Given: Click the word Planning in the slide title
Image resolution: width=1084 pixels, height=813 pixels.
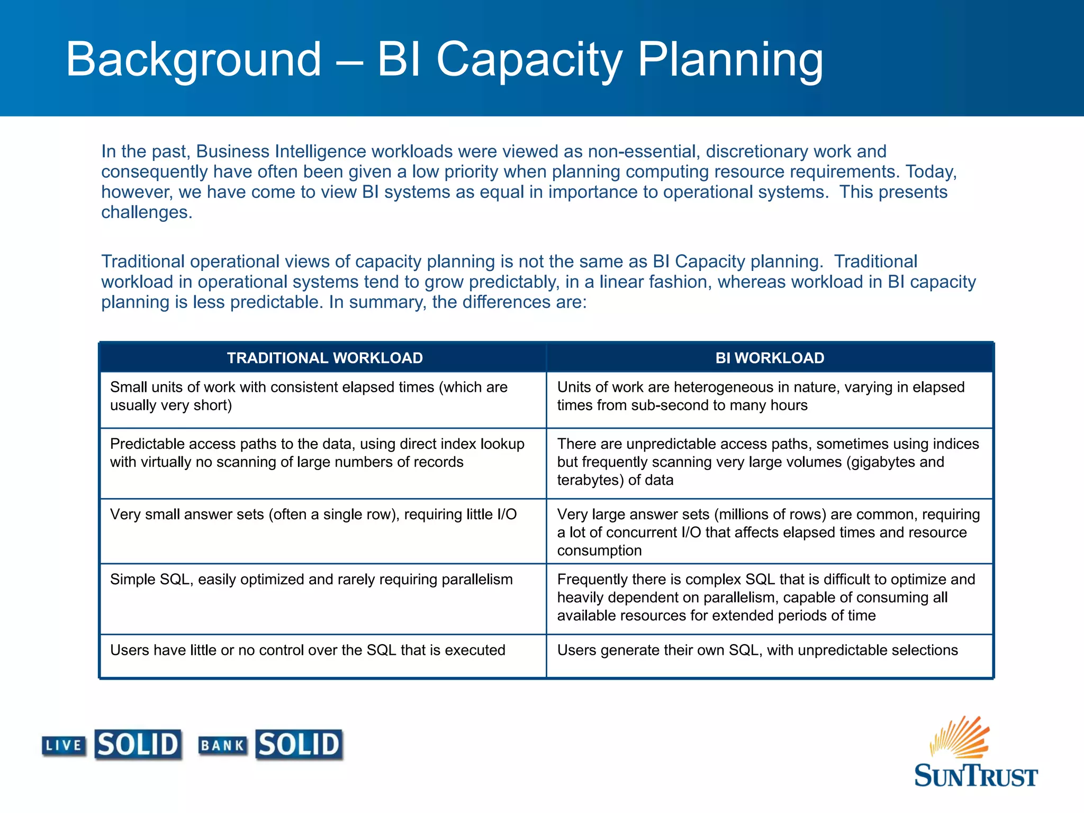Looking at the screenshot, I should (x=730, y=59).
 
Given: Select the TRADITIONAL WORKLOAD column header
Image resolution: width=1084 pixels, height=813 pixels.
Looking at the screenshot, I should (x=324, y=358).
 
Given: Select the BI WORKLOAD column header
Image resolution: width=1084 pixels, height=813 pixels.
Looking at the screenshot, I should (x=770, y=358).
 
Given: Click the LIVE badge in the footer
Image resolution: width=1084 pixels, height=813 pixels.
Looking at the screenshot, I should (x=64, y=746).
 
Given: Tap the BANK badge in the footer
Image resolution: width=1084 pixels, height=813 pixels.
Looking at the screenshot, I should (x=222, y=746).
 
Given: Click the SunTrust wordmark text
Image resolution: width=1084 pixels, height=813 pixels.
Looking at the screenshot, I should (x=975, y=776).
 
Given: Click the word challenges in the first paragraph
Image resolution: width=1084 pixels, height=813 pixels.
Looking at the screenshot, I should (x=146, y=212).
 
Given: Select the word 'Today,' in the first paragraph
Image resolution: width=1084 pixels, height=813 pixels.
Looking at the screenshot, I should (x=931, y=172).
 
